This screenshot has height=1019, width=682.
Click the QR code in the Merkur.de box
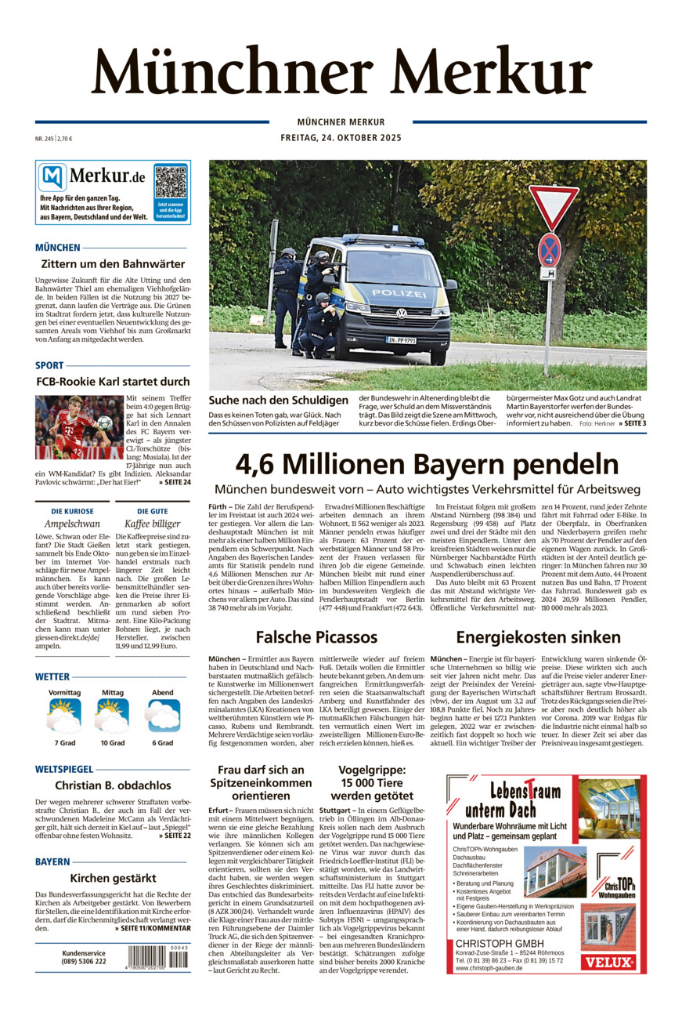171,182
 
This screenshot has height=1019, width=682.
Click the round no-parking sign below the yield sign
549,248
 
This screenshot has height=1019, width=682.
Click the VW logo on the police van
402,314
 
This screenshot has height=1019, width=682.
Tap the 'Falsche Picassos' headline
316,636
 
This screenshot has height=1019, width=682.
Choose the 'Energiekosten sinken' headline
538,636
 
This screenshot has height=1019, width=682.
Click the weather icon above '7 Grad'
64,716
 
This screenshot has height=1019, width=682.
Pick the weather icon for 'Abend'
163,716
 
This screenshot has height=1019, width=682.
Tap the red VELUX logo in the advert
619,961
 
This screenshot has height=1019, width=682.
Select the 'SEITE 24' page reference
174,482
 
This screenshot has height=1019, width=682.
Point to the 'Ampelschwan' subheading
72,524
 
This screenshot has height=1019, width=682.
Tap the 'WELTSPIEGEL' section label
64,770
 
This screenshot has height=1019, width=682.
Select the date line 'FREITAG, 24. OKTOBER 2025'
341,138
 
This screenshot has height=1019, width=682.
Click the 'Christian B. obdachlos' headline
113,785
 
